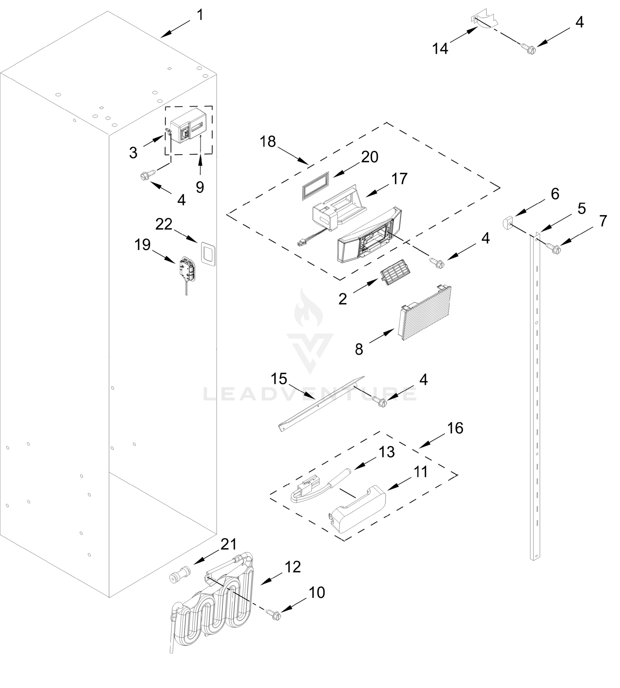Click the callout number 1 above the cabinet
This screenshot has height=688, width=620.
[x=200, y=15]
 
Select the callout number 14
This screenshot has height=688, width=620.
[x=440, y=49]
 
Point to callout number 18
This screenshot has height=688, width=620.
[x=267, y=142]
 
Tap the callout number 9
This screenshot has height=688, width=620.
[x=200, y=187]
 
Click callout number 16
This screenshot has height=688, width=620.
[x=455, y=428]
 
